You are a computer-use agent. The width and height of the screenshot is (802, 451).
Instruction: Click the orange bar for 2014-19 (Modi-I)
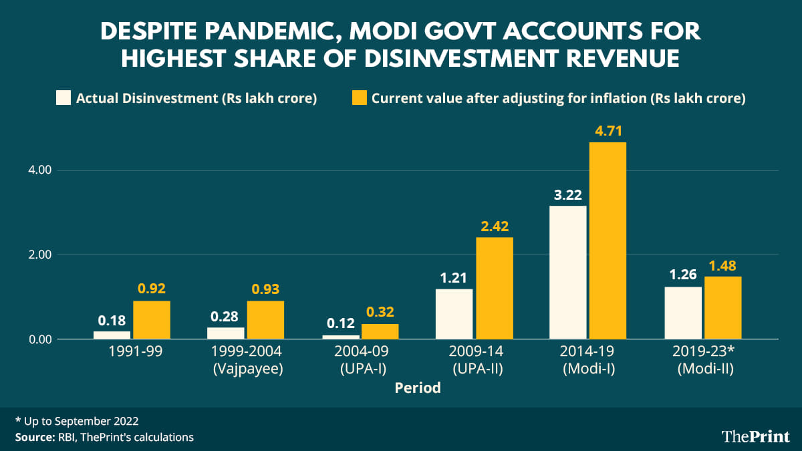tap(607, 241)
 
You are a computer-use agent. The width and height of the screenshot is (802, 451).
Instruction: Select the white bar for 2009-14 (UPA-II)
tap(454, 314)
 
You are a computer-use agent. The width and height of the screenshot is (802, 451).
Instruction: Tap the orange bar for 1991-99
tap(151, 320)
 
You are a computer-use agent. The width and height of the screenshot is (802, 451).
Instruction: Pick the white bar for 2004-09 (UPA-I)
tap(340, 336)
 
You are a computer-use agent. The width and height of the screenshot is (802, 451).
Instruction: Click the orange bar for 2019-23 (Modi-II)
tap(722, 308)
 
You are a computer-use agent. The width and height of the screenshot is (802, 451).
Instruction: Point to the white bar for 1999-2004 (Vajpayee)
tap(226, 333)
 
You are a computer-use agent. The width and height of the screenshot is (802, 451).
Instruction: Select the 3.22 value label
tap(568, 195)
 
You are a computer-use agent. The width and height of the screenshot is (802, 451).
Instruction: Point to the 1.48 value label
tap(722, 265)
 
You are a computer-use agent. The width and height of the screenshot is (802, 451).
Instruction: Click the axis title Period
tap(418, 388)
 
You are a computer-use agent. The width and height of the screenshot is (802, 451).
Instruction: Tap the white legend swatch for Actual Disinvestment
tap(63, 98)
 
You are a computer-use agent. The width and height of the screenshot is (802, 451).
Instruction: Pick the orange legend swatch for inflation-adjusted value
tap(359, 98)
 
